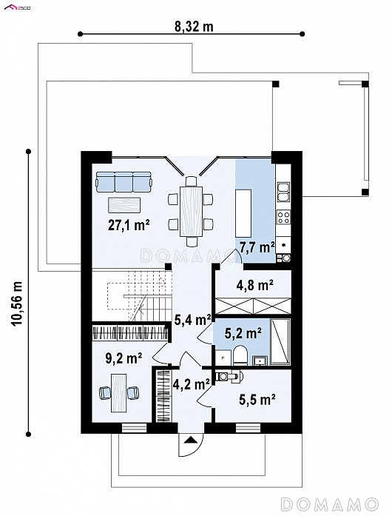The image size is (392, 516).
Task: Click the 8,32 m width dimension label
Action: [x=194, y=27]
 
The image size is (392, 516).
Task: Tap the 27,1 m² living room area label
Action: [x=129, y=225]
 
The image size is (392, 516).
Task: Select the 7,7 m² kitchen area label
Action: [x=257, y=247]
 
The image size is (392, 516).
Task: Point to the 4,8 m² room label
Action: [x=255, y=285]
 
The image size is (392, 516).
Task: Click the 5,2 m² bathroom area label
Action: [x=243, y=333]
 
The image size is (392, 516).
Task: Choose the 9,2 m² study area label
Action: [x=124, y=358]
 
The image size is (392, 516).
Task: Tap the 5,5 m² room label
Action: [x=257, y=400]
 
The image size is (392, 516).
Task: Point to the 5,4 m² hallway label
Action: [x=192, y=320]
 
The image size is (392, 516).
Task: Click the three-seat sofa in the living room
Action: [x=124, y=181]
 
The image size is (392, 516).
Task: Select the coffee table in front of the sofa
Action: [x=124, y=205]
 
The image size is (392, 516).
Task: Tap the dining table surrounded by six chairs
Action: [x=191, y=211]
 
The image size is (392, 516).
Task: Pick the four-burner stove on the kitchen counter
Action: [x=283, y=217]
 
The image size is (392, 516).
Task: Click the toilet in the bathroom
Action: [x=240, y=356]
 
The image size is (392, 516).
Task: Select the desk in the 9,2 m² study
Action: [x=119, y=392]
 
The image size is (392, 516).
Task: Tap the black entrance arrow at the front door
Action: [x=190, y=440]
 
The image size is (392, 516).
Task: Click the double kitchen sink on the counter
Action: [x=283, y=192]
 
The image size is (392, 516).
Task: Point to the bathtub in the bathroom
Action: [x=280, y=341]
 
